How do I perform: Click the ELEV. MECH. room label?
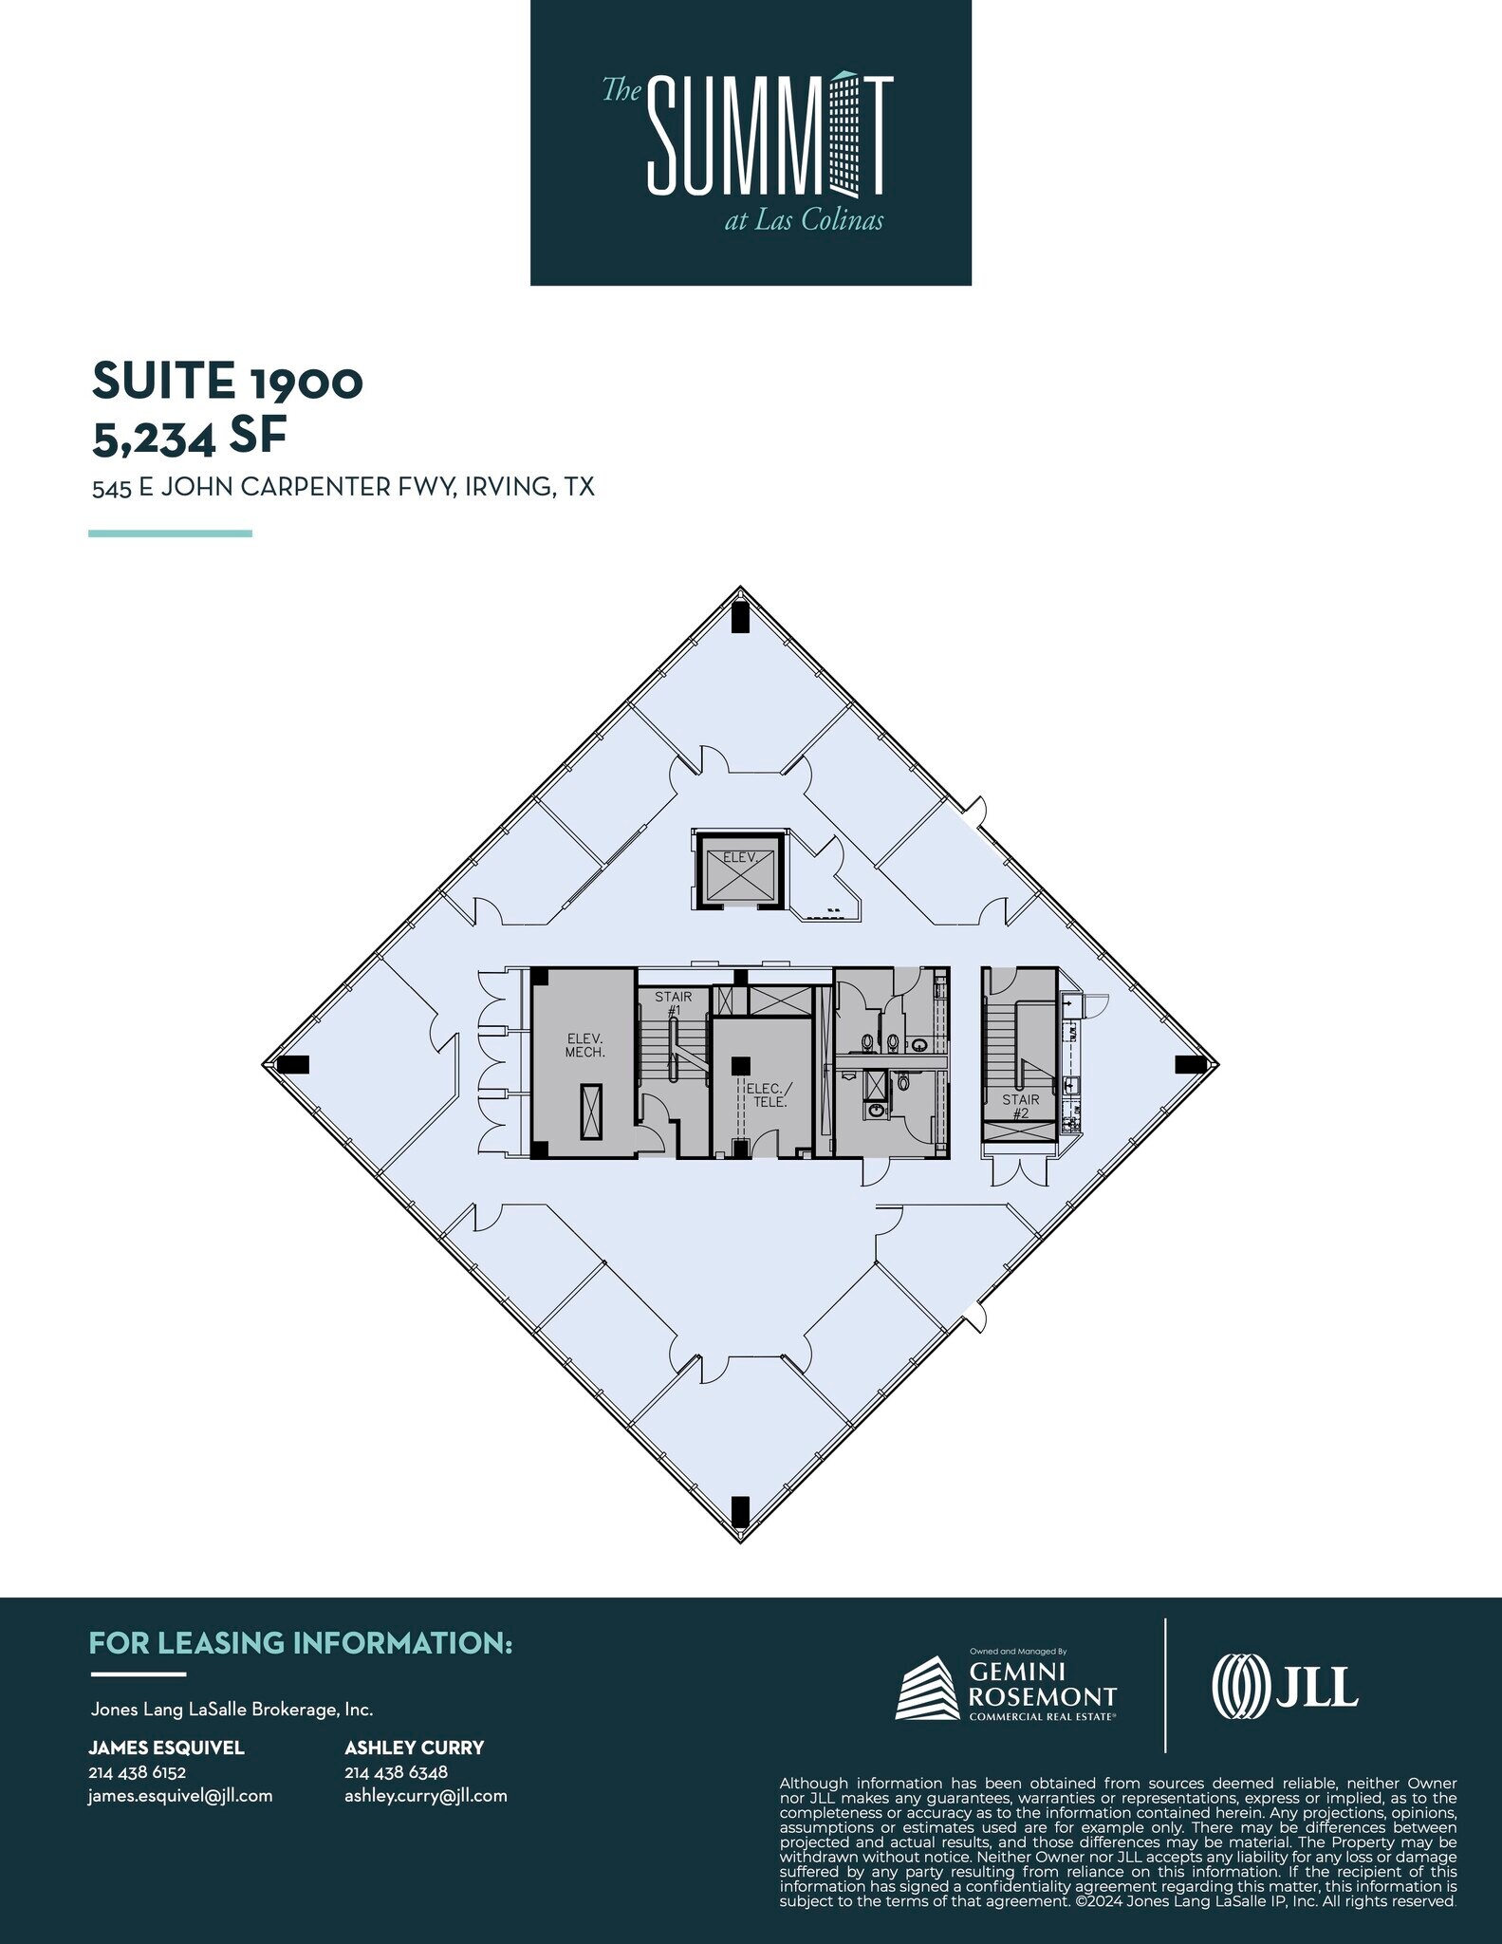585,1045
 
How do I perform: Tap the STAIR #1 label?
674,1003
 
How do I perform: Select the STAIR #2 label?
1021,1106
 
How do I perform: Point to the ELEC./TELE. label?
765,1095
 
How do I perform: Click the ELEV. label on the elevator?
739,857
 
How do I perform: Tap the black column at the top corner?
740,617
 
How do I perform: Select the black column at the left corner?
292,1064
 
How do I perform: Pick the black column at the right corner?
1190,1064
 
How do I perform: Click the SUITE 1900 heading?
228,382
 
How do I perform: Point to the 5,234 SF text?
189,437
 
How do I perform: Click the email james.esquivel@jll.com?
180,1796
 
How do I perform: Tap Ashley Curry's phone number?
396,1772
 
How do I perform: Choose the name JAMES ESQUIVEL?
166,1748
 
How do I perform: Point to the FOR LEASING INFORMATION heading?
301,1643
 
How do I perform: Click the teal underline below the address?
170,533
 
